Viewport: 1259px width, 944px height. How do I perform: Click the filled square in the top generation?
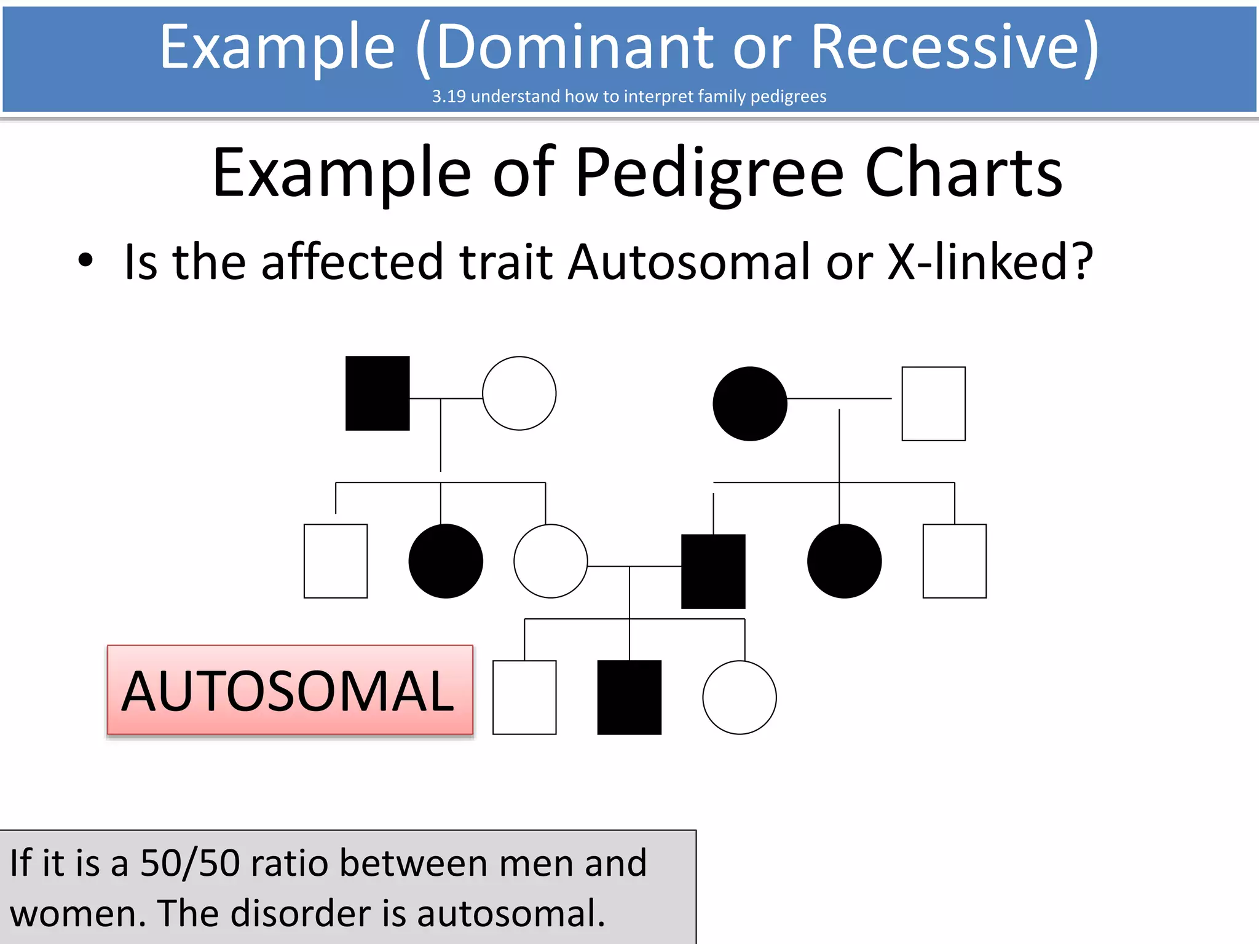[377, 393]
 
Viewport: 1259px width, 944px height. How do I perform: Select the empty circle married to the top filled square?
[519, 393]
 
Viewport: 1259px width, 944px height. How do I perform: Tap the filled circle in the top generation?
[749, 404]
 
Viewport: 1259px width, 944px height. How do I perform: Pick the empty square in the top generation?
[933, 404]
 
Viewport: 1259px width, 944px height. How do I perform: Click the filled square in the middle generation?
[713, 572]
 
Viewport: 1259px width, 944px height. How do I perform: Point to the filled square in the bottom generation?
[629, 698]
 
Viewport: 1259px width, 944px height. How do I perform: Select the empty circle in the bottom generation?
[739, 698]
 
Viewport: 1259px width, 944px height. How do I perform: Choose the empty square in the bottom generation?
[524, 698]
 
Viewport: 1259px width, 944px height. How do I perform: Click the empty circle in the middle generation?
[550, 561]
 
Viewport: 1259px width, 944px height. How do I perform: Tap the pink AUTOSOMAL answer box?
[290, 690]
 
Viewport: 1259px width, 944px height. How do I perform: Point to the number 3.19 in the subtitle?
[449, 96]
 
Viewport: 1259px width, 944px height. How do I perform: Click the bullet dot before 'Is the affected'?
[85, 261]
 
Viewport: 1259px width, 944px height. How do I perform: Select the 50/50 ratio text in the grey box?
[190, 863]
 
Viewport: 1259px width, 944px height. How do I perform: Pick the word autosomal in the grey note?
[511, 913]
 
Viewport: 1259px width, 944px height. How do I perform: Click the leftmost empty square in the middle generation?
[336, 561]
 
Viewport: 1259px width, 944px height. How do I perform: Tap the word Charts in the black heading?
[963, 174]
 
